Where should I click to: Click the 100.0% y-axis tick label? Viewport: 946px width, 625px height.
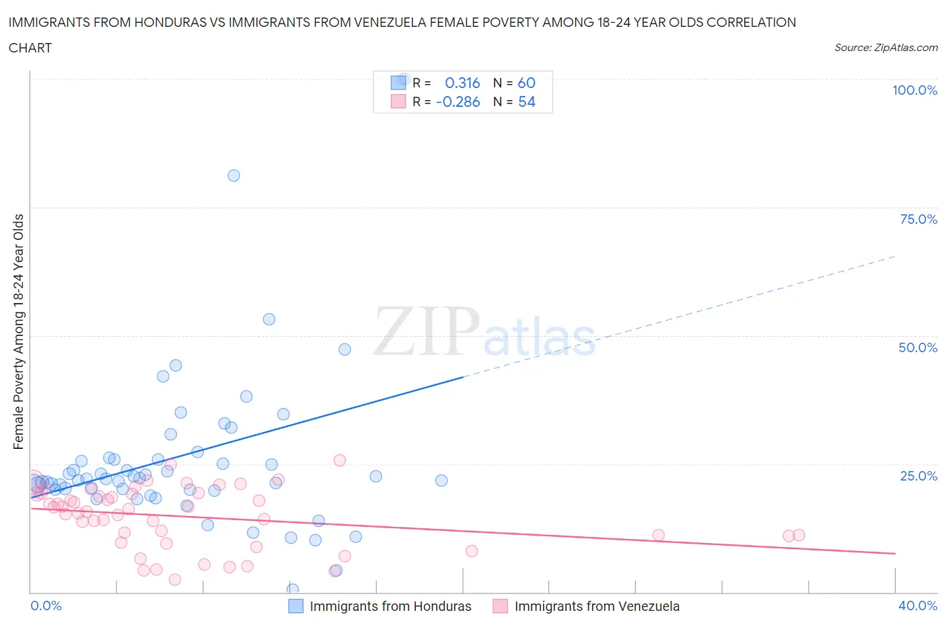pos(914,90)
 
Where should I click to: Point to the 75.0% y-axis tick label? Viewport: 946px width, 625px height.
pos(918,219)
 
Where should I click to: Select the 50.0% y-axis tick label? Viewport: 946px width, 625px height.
pos(918,347)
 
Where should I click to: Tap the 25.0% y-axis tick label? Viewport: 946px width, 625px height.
pos(918,476)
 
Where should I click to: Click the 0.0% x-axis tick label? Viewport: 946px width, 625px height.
pos(46,606)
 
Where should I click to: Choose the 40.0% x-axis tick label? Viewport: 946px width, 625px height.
pos(918,606)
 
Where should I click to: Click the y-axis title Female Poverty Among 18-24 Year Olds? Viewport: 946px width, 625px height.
pos(19,331)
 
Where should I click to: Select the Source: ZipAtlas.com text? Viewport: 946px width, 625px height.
pos(885,48)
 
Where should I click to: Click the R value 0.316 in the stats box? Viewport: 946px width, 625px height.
pos(462,83)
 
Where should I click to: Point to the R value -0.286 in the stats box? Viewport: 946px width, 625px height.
pos(458,101)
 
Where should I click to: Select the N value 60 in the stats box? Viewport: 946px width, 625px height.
pos(526,83)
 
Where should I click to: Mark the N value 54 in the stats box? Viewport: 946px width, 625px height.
pos(526,101)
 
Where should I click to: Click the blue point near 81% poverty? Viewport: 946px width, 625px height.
pos(233,175)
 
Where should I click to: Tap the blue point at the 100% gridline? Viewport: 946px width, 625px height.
pos(404,79)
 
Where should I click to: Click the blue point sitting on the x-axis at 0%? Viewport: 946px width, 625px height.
pos(293,589)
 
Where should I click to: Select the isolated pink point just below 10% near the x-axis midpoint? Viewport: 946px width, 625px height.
pos(472,551)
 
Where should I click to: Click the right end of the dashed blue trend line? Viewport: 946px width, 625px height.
pos(894,257)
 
